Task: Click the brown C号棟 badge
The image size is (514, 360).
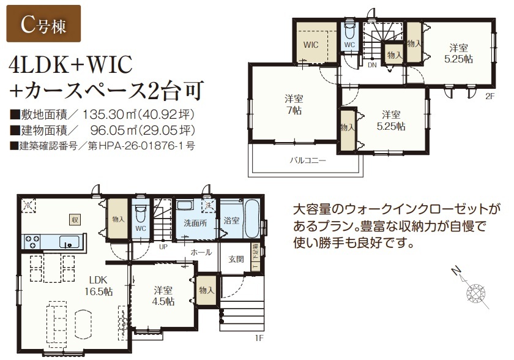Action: point(43,24)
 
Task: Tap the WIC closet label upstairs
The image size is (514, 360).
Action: point(311,45)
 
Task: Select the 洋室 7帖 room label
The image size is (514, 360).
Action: point(294,104)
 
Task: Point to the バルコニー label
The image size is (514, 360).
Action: point(308,160)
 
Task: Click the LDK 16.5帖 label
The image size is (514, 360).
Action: point(99,285)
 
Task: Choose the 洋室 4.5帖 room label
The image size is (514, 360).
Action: point(163,296)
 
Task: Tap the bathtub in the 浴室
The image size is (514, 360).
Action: point(252,219)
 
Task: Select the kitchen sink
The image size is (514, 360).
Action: point(69,242)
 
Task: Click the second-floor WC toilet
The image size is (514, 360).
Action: point(350,29)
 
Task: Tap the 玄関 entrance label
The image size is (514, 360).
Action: point(236,259)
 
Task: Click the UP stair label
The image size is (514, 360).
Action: point(163,247)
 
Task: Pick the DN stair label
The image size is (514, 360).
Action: point(372,65)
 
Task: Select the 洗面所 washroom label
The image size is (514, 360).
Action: point(195,223)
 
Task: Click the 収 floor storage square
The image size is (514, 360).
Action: point(75,220)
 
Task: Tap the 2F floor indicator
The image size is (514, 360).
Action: point(490,96)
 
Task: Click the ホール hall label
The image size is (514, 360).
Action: point(201,252)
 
